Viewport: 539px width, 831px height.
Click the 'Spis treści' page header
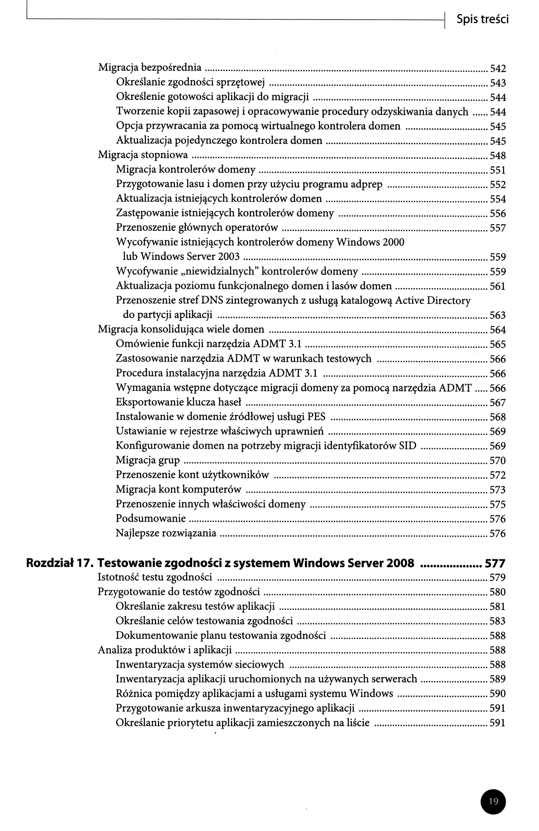(x=482, y=20)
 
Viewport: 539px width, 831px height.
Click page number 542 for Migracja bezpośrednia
(x=498, y=69)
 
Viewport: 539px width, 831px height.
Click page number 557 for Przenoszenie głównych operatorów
(x=498, y=228)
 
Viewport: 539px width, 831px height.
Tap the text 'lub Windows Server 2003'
(x=181, y=257)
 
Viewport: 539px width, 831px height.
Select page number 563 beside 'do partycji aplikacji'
(x=498, y=315)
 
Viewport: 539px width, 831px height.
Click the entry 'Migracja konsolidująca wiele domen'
(x=181, y=329)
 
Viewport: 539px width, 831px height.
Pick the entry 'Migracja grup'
(x=148, y=460)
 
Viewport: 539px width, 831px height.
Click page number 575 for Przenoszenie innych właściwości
(x=498, y=504)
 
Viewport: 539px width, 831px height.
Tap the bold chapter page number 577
(x=495, y=564)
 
